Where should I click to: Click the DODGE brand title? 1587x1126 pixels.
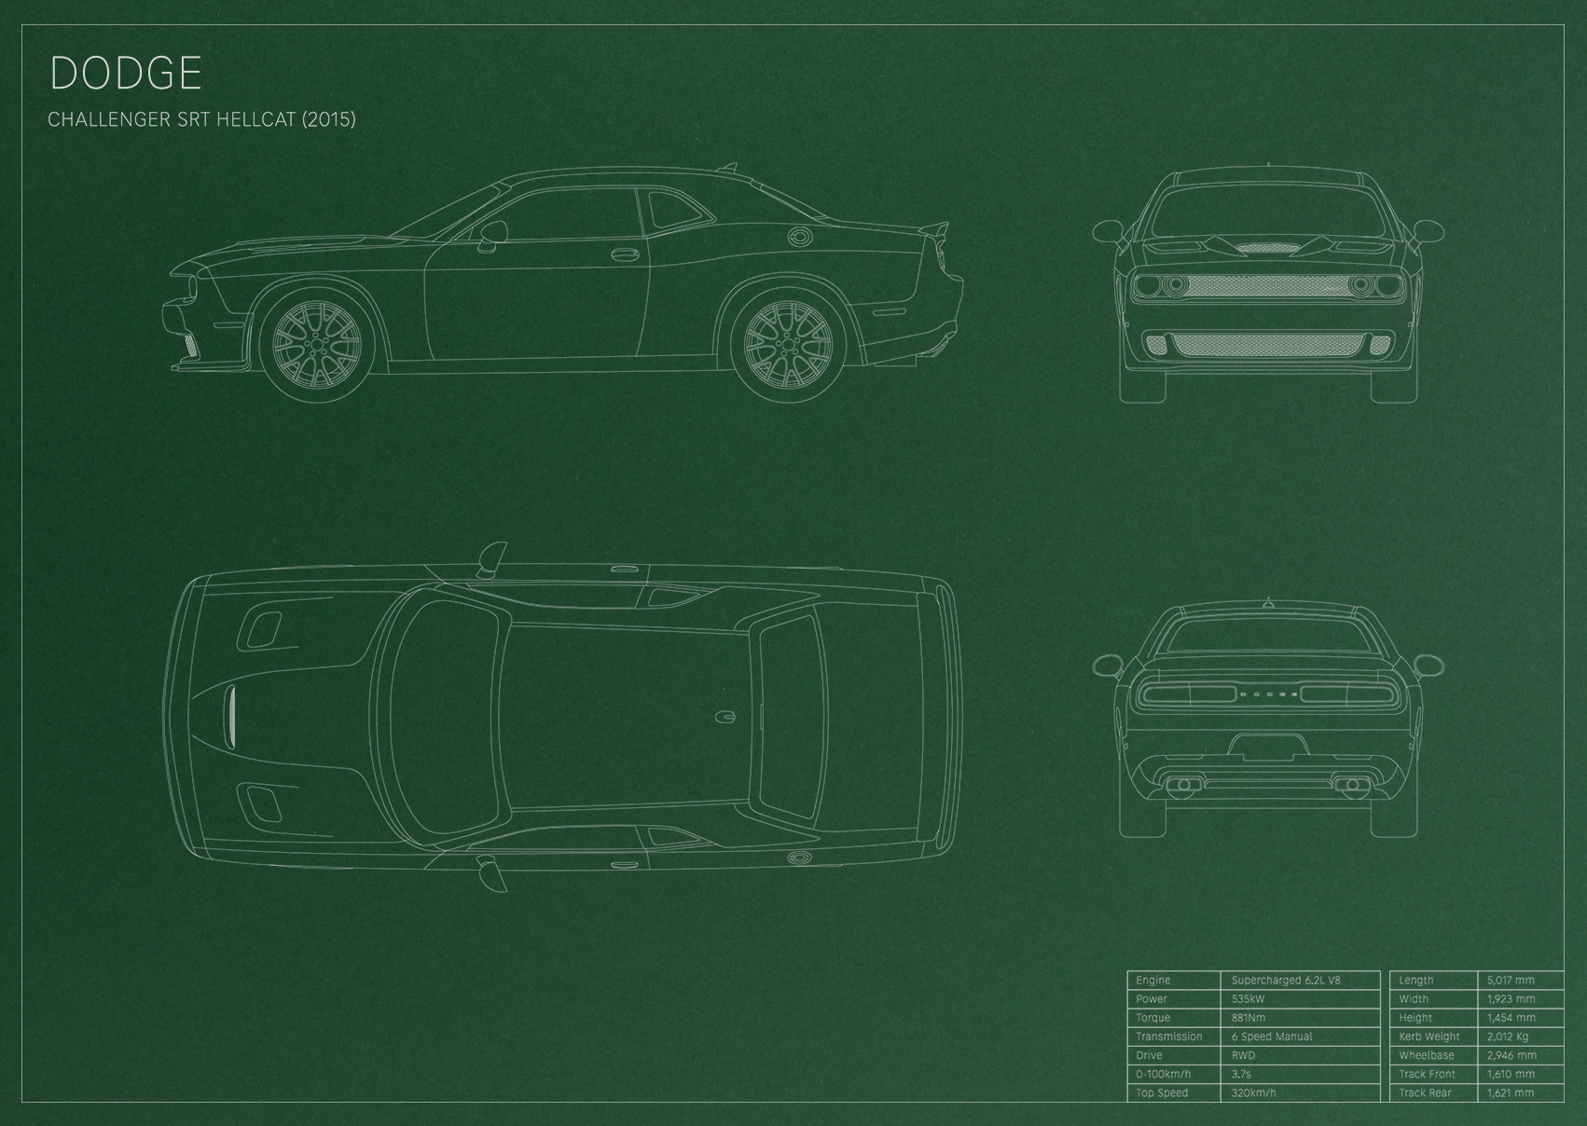coord(126,73)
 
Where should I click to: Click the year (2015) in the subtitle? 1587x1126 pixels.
coord(329,119)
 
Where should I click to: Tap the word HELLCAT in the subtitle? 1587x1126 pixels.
coord(256,119)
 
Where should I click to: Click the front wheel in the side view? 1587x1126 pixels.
coord(316,345)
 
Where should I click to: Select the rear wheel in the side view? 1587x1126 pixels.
coord(788,345)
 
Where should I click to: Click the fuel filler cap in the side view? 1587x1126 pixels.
coord(801,237)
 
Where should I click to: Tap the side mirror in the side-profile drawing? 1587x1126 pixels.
coord(493,236)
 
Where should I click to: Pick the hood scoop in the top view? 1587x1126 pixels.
coord(231,718)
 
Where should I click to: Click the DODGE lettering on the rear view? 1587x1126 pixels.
coord(1267,694)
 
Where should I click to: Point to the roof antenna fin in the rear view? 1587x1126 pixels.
coord(1267,603)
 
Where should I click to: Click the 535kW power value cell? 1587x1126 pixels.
coord(1249,999)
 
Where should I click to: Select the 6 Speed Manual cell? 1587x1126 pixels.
coord(1272,1037)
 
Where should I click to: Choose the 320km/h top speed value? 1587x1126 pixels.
coord(1253,1092)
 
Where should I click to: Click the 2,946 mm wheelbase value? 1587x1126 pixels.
coord(1511,1055)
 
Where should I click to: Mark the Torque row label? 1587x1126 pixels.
coord(1152,1018)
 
